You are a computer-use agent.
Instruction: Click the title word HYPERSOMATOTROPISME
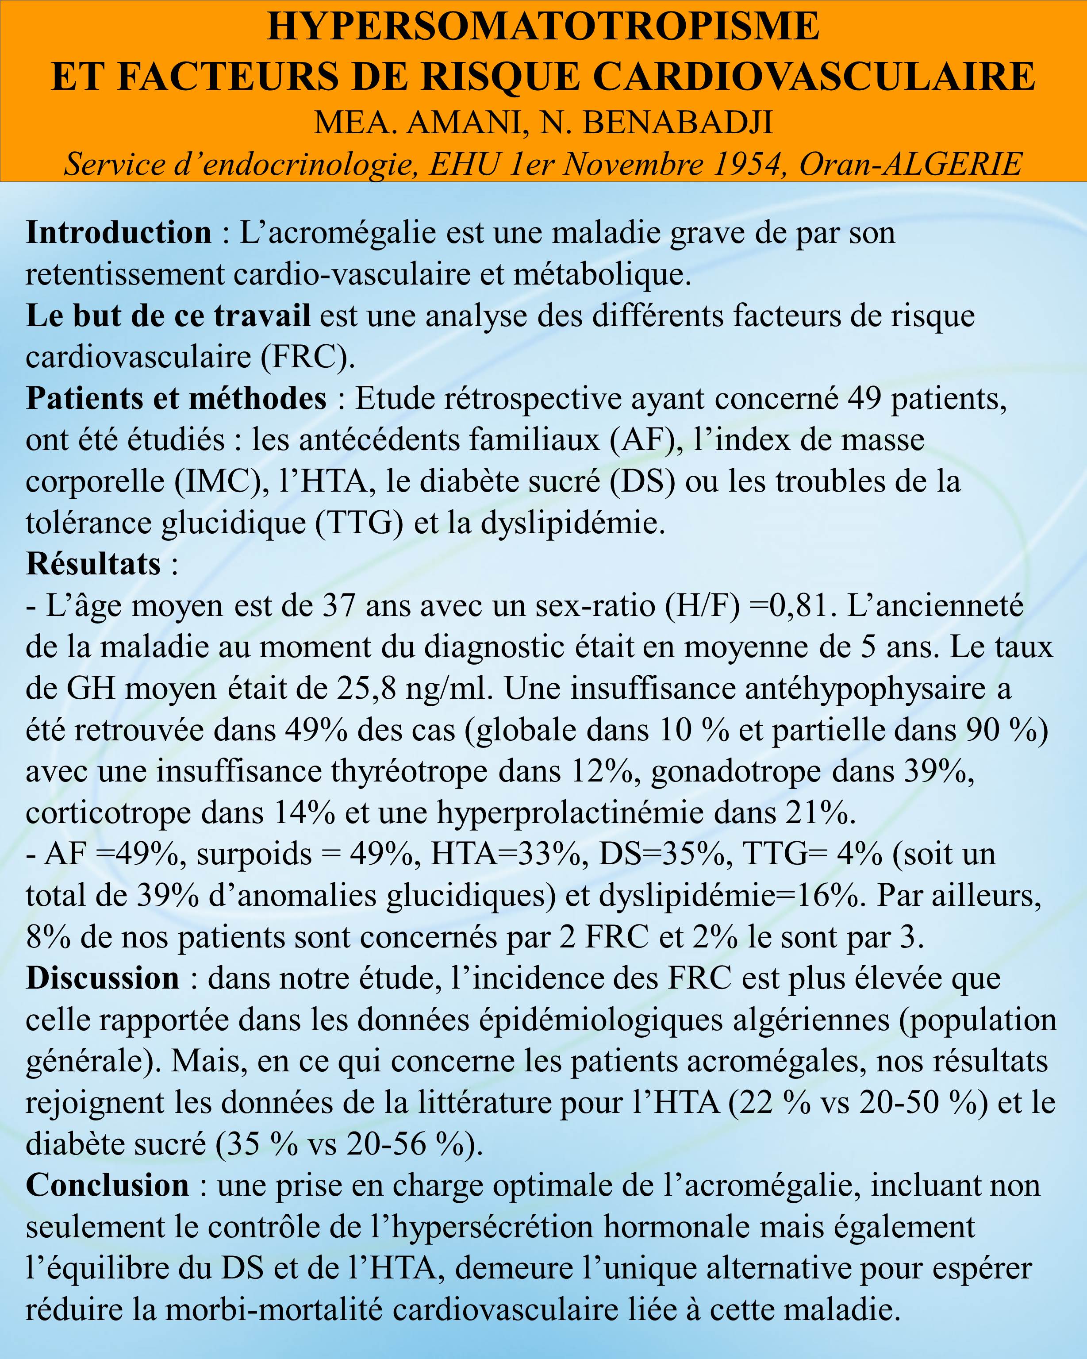point(543,27)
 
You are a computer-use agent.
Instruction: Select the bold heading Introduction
point(119,233)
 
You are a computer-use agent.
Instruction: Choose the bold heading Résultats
point(93,563)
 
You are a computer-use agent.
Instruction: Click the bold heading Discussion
point(103,978)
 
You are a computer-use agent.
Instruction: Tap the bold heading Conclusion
point(107,1186)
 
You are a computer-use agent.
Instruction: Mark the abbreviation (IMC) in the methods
point(215,481)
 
